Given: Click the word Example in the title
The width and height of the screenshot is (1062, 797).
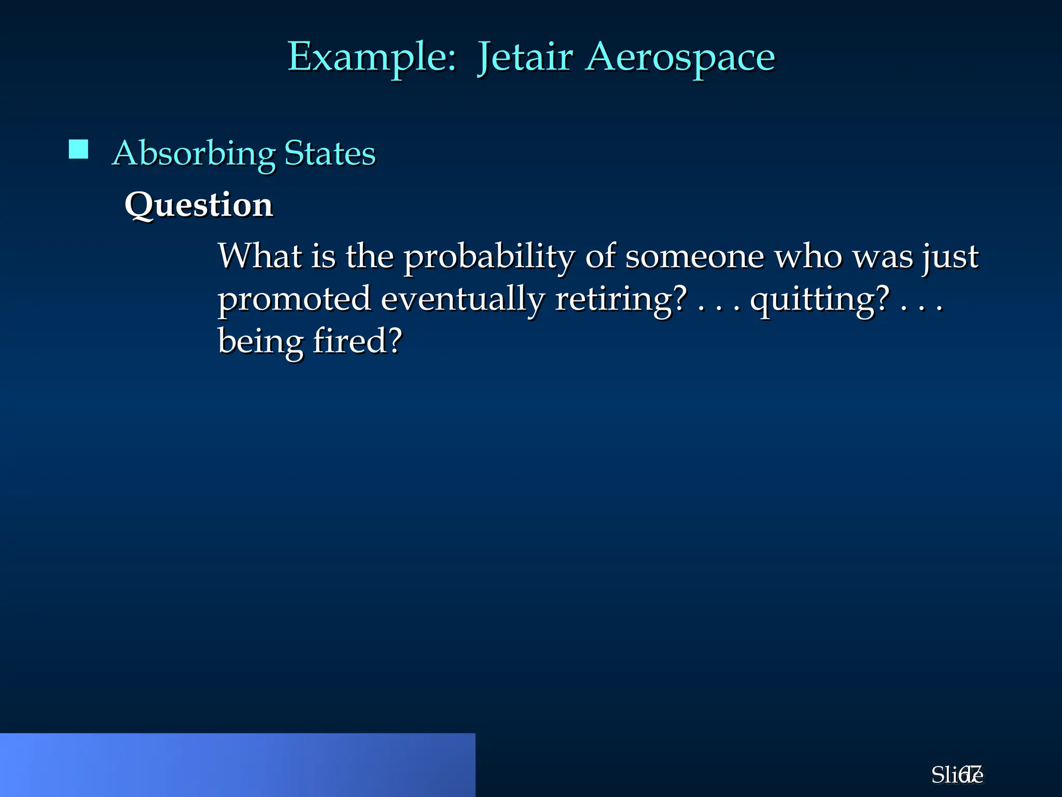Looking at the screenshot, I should [x=371, y=57].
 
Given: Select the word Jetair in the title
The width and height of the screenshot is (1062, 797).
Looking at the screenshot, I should [x=525, y=57].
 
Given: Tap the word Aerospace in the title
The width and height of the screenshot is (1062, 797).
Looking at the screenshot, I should [x=680, y=57].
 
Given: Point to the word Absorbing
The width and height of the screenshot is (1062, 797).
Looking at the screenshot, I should [x=194, y=154].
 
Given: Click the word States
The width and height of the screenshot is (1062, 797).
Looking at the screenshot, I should [x=330, y=154].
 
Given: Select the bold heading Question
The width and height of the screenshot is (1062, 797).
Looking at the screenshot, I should [x=199, y=204].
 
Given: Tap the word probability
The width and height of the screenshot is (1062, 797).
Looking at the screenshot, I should [x=489, y=257].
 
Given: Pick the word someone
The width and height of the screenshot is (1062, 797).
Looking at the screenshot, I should [x=694, y=256].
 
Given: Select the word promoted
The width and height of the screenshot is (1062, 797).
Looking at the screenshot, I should [x=294, y=299].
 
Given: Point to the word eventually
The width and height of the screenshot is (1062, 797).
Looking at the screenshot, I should [x=463, y=299].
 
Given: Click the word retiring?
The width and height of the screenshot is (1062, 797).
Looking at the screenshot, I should [x=621, y=299].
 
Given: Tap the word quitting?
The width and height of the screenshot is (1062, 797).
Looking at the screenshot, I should [x=820, y=299].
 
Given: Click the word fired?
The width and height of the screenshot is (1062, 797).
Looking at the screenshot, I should [x=357, y=341].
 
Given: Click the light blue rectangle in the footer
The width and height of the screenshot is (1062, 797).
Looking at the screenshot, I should [x=237, y=765].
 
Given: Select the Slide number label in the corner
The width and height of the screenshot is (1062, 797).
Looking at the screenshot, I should [x=957, y=775].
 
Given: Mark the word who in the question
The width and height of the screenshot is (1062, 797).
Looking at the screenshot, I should [x=808, y=256].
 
